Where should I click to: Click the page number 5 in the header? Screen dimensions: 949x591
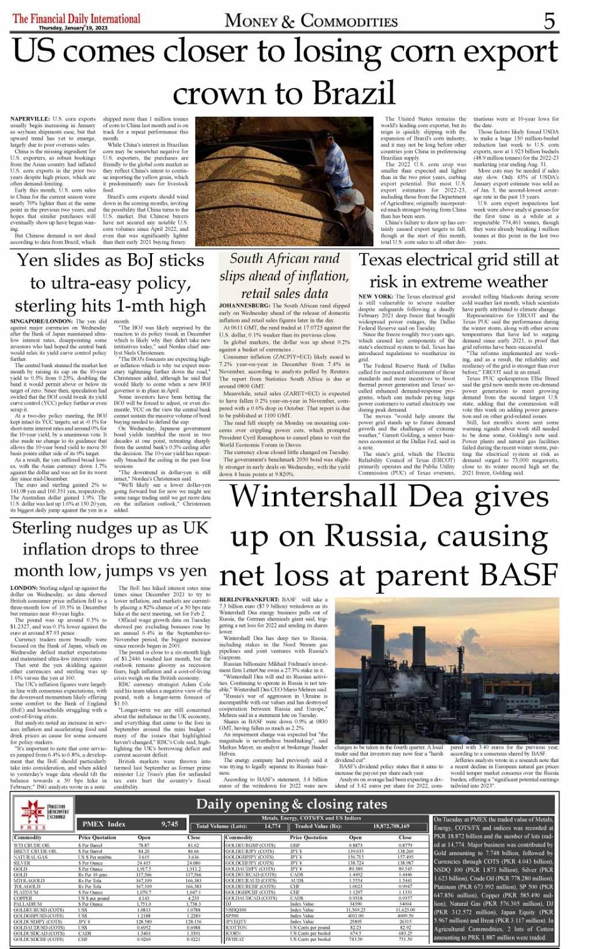tap(548, 21)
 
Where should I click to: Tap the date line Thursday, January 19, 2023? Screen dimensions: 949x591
tap(73, 28)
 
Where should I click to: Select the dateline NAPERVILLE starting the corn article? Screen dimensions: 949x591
tap(31, 119)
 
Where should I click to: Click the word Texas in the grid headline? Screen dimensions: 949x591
tap(388, 260)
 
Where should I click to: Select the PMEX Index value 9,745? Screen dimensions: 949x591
tap(170, 824)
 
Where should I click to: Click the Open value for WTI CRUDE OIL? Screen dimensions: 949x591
tap(144, 845)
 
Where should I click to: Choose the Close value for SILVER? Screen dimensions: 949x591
tap(193, 863)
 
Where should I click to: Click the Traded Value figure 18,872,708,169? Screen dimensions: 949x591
tap(391, 826)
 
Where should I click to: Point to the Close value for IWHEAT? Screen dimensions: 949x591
tap(405, 939)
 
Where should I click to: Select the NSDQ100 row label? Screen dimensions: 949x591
tap(236, 910)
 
